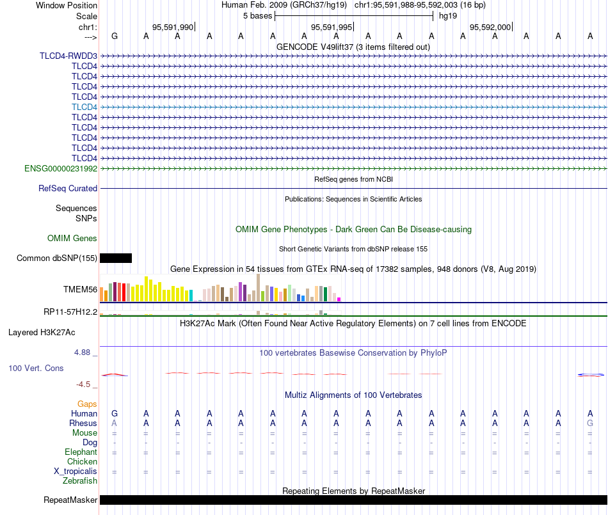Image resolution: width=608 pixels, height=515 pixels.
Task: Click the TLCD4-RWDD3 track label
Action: point(68,56)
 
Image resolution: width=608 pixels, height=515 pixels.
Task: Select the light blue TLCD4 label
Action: point(84,107)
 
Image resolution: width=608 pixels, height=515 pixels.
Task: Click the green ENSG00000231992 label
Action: point(61,168)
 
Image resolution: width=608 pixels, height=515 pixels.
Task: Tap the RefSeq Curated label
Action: point(68,188)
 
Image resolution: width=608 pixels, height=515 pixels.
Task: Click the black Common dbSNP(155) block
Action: point(116,258)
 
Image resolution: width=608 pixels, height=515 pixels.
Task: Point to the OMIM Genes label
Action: point(72,239)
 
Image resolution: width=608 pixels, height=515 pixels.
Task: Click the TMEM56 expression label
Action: point(80,289)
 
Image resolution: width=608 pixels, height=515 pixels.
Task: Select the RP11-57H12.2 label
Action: point(70,312)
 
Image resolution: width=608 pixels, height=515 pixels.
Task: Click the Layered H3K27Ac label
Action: point(42,333)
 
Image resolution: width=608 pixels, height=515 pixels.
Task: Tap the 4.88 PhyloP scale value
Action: point(82,353)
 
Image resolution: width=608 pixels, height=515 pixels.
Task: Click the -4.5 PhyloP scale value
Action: point(83,384)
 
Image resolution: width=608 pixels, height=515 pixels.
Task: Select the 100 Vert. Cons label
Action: point(36,368)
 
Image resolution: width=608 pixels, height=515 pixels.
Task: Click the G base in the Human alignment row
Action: point(115,413)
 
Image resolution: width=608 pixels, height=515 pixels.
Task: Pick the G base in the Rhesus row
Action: point(590,423)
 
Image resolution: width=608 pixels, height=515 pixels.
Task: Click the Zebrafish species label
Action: point(80,481)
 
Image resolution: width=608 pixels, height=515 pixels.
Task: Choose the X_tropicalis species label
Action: point(76,471)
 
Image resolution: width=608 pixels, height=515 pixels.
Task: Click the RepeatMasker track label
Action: point(70,500)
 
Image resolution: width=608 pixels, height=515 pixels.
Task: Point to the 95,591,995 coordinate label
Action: point(332,27)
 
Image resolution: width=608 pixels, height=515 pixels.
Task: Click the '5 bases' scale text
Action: point(258,16)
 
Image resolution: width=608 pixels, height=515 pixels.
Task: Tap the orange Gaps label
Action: point(87,404)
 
